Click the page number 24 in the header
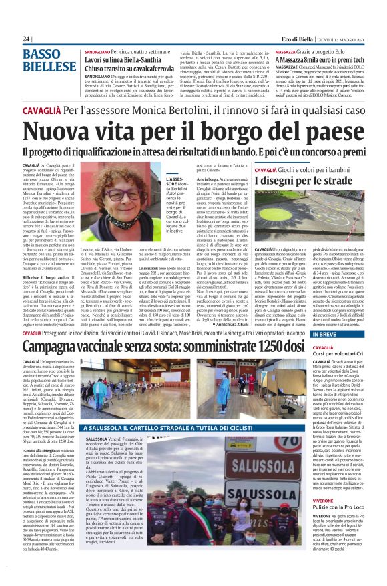(26, 39)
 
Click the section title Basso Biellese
(50, 63)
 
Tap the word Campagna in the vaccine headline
(63, 346)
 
